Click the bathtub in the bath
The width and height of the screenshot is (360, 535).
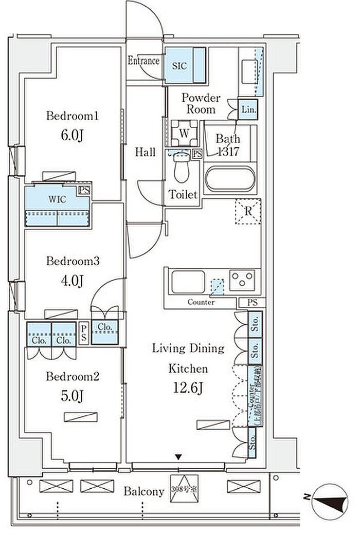(229, 179)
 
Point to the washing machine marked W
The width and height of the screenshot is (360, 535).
(184, 132)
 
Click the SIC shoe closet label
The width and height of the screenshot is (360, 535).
(179, 66)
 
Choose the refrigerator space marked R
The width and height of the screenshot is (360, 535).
(248, 211)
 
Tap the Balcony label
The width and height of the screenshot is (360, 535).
(143, 491)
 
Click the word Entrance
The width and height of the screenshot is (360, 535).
(143, 61)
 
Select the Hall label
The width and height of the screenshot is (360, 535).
(146, 152)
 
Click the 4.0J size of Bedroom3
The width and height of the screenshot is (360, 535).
(72, 281)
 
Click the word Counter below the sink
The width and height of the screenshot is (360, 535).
(201, 302)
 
